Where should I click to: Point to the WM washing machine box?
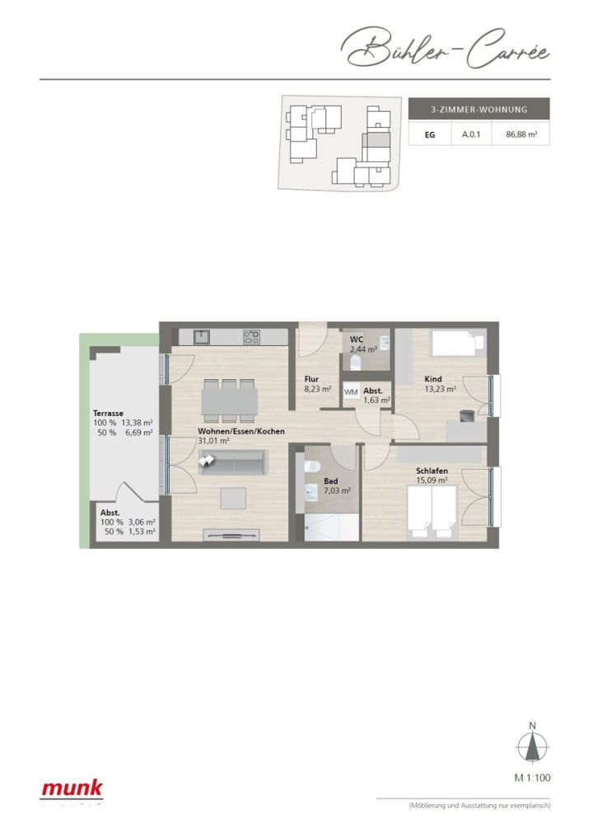pos(351,392)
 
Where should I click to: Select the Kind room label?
pos(433,372)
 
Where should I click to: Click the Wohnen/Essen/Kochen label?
pos(230,431)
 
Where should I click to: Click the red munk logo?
pos(72,789)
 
